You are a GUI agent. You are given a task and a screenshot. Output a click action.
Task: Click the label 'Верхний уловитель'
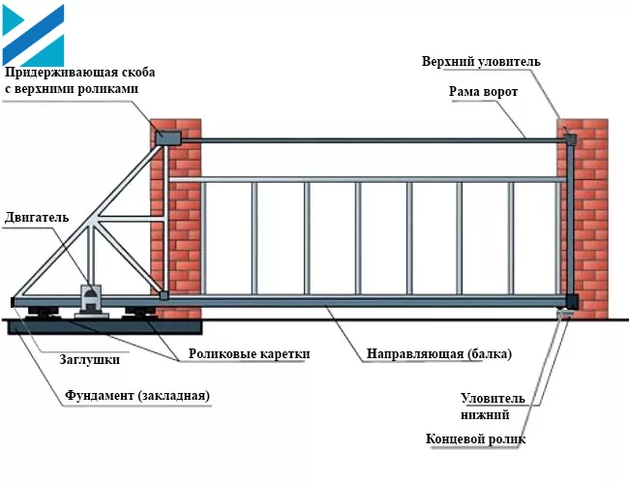[x=481, y=62]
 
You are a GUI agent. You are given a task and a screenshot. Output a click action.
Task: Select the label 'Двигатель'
[x=36, y=217]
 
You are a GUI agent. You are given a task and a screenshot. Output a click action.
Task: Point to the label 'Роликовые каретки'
[x=249, y=354]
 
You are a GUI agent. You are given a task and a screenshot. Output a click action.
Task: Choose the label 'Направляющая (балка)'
[x=439, y=354]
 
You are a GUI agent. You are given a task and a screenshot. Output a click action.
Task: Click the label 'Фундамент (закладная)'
[x=136, y=396]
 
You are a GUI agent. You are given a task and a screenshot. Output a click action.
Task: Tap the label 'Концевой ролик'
[x=475, y=439]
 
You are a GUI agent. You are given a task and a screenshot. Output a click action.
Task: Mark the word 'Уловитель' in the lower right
[x=493, y=398]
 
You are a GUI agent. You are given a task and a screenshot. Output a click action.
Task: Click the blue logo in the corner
[x=33, y=33]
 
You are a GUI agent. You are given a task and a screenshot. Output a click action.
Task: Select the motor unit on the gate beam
[x=90, y=298]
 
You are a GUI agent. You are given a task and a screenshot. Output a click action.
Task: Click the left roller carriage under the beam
[x=45, y=312]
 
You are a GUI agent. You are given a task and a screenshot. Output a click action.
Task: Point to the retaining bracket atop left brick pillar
[x=168, y=138]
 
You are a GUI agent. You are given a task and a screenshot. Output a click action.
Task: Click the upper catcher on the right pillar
[x=569, y=140]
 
